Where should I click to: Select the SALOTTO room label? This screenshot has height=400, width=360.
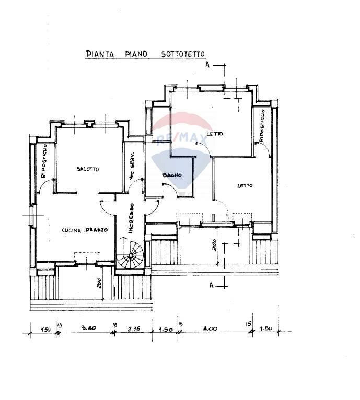(87, 169)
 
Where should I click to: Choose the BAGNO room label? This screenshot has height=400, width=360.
(171, 175)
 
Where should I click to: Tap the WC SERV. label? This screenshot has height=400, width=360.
(133, 167)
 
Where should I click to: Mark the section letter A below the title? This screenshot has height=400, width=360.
(207, 65)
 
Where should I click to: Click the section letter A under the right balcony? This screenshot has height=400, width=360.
(211, 285)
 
